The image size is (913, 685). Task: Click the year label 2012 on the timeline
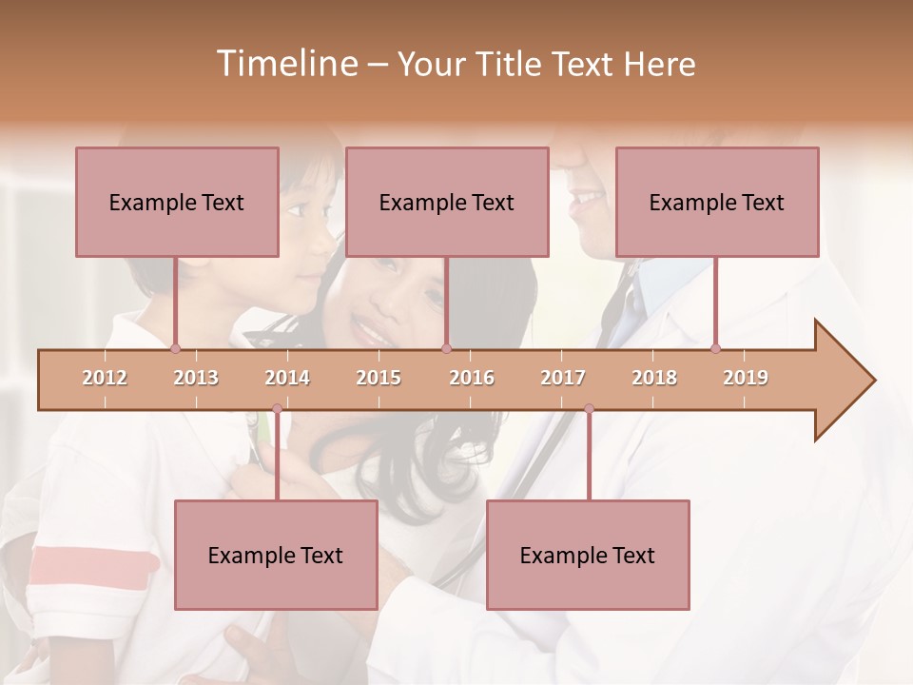(105, 378)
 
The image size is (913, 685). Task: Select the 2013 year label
(196, 378)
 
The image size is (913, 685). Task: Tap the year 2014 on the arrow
(287, 378)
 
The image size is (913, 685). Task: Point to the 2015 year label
(379, 378)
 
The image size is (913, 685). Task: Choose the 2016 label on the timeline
(472, 378)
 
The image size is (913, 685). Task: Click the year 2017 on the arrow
(563, 378)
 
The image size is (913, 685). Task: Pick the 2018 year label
(654, 378)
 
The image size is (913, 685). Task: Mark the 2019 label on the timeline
(746, 378)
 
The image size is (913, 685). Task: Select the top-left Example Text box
(177, 202)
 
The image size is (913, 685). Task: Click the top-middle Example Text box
(447, 202)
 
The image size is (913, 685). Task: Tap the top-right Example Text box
(717, 202)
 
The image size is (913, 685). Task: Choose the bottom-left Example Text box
(276, 555)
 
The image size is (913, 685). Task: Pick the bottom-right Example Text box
(588, 555)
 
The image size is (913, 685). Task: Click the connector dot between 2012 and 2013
(175, 348)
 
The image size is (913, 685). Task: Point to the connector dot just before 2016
(446, 348)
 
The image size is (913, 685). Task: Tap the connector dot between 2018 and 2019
(715, 348)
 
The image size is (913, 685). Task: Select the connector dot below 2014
(277, 409)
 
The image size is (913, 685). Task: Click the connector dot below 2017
(589, 409)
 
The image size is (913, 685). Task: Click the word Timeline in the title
(285, 64)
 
